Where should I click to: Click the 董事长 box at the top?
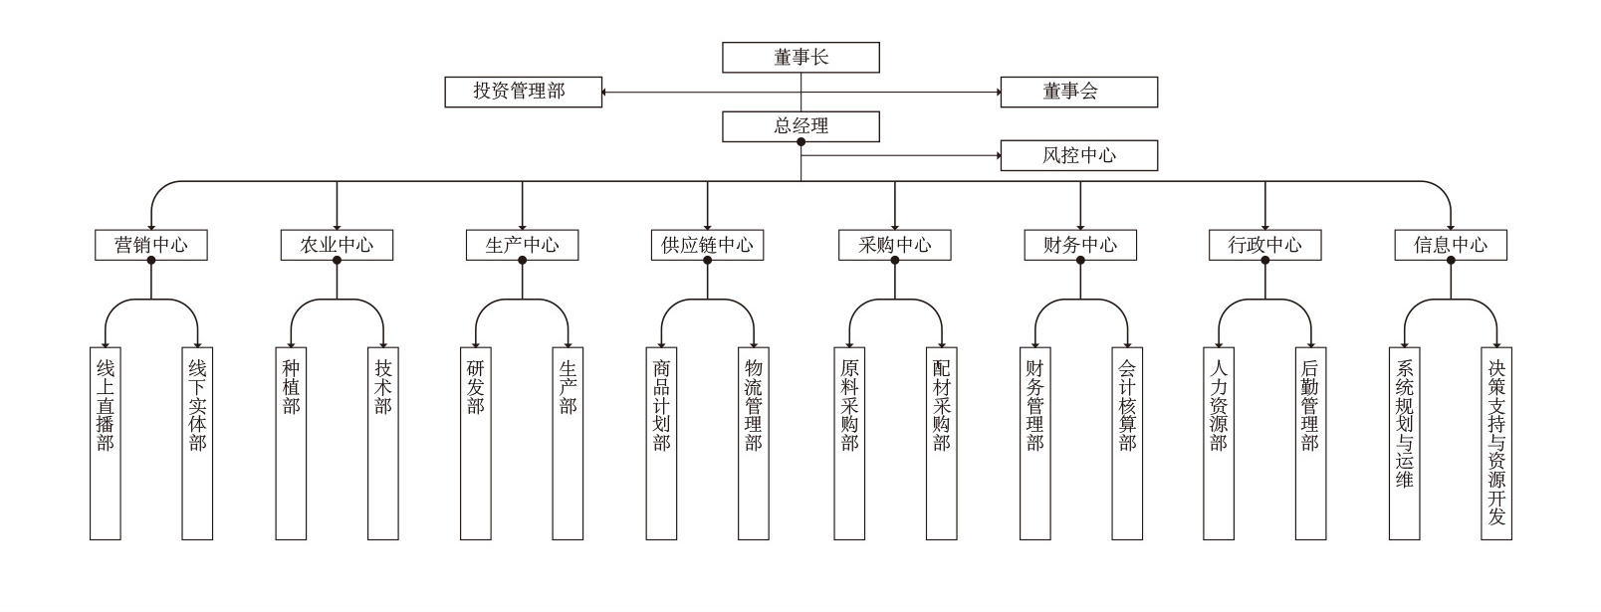[x=800, y=58]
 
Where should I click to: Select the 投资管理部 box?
[x=523, y=92]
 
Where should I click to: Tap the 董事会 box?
[x=1078, y=92]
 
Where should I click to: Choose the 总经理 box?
[x=800, y=126]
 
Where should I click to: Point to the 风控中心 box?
[x=1078, y=155]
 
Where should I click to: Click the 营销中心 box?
[x=151, y=245]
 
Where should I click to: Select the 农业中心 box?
[x=337, y=245]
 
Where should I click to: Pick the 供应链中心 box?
[x=707, y=245]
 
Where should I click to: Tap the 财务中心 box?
[x=1079, y=245]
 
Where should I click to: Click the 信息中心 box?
[x=1451, y=245]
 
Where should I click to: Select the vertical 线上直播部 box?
[x=105, y=443]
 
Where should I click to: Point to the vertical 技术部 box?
[x=383, y=443]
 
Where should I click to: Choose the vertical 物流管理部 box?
[x=754, y=443]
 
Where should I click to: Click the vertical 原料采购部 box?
[x=848, y=443]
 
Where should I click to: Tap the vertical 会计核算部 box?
[x=1126, y=443]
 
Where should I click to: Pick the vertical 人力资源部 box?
[x=1219, y=443]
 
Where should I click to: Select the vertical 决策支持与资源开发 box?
[x=1496, y=443]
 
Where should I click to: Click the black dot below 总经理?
[x=800, y=142]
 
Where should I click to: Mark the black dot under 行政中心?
[x=1265, y=261]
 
